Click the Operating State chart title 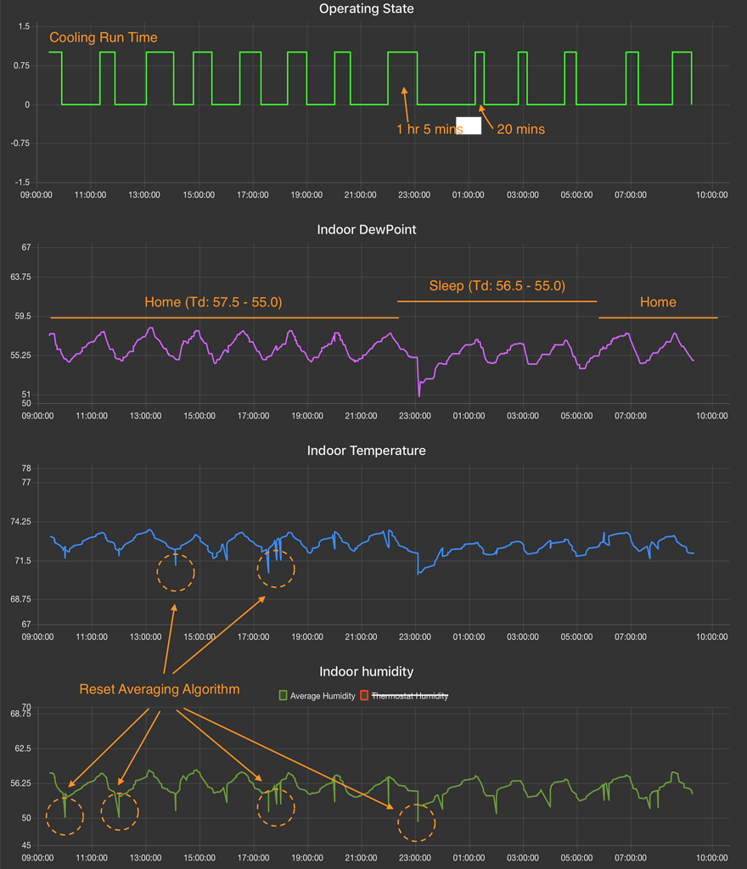tap(366, 9)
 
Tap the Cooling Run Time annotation tap(103, 38)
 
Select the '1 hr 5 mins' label tap(429, 130)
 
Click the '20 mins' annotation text tap(520, 130)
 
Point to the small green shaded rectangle tap(469, 126)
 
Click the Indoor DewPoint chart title tap(366, 230)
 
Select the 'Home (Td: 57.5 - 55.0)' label tap(213, 302)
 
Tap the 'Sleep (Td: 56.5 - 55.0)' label tap(497, 286)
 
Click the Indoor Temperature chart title tap(366, 451)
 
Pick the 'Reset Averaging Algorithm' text tap(159, 689)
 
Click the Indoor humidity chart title tap(366, 671)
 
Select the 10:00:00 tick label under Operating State tap(711, 194)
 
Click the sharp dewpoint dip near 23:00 tap(418, 392)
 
